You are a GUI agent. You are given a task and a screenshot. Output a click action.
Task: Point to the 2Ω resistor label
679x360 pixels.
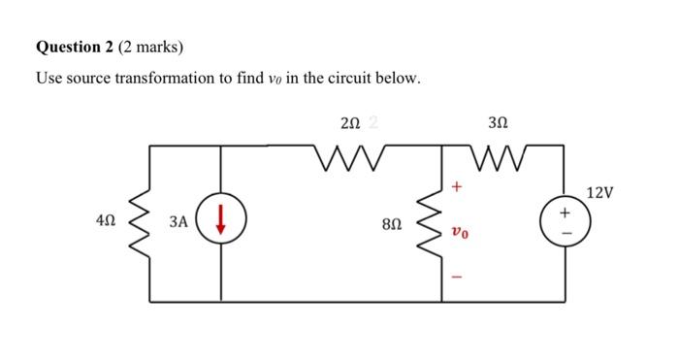click(351, 123)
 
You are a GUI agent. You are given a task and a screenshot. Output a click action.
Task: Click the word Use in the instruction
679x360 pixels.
click(48, 78)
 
